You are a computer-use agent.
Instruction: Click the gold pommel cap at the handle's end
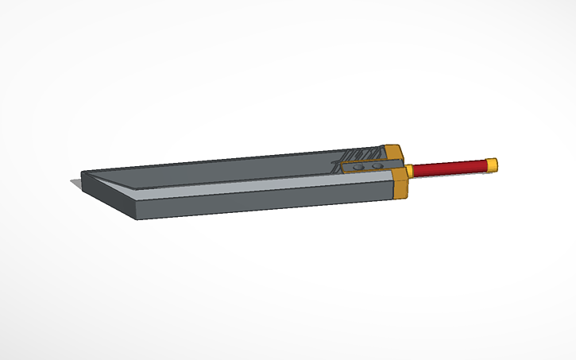(492, 165)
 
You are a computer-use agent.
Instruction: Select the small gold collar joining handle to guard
(409, 171)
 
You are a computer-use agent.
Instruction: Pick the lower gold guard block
(400, 185)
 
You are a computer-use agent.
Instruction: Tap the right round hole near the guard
(378, 166)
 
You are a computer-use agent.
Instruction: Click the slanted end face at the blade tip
(111, 192)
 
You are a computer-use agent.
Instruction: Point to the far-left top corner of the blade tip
(82, 172)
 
